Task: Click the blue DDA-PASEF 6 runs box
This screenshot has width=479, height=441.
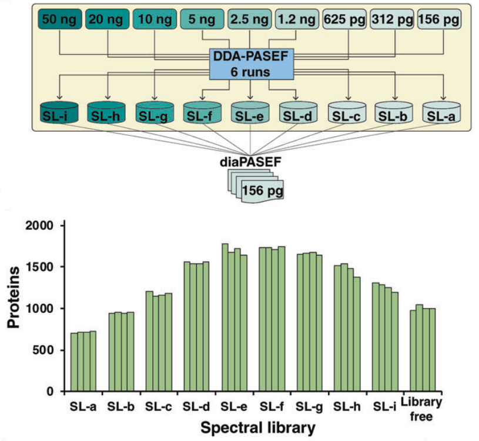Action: coord(251,65)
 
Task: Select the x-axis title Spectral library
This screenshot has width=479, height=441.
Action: coord(257,427)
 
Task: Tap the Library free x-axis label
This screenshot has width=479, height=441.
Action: coord(421,410)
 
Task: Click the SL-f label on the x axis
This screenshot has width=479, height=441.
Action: coord(271,405)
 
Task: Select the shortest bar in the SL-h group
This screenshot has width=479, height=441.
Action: coord(357,333)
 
